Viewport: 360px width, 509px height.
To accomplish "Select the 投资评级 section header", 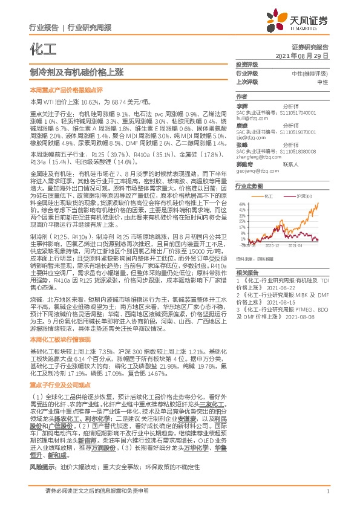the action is tap(247, 63).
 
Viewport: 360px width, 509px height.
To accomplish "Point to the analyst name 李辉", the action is tap(241, 105).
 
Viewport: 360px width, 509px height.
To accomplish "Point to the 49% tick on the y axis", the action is tap(242, 204).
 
